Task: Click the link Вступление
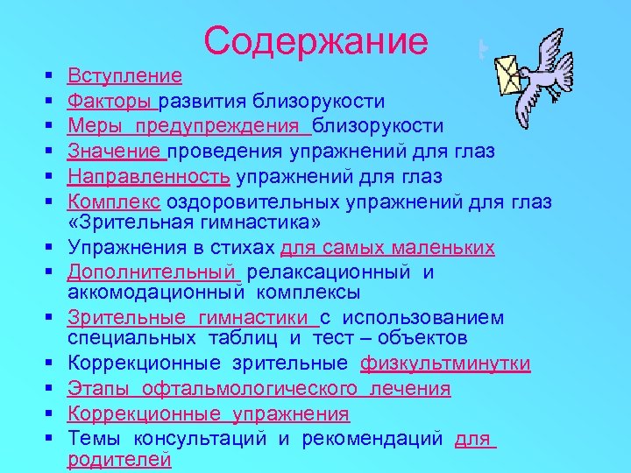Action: [124, 76]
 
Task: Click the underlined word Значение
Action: [116, 152]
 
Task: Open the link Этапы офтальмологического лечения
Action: [259, 388]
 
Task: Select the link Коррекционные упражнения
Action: [208, 413]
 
